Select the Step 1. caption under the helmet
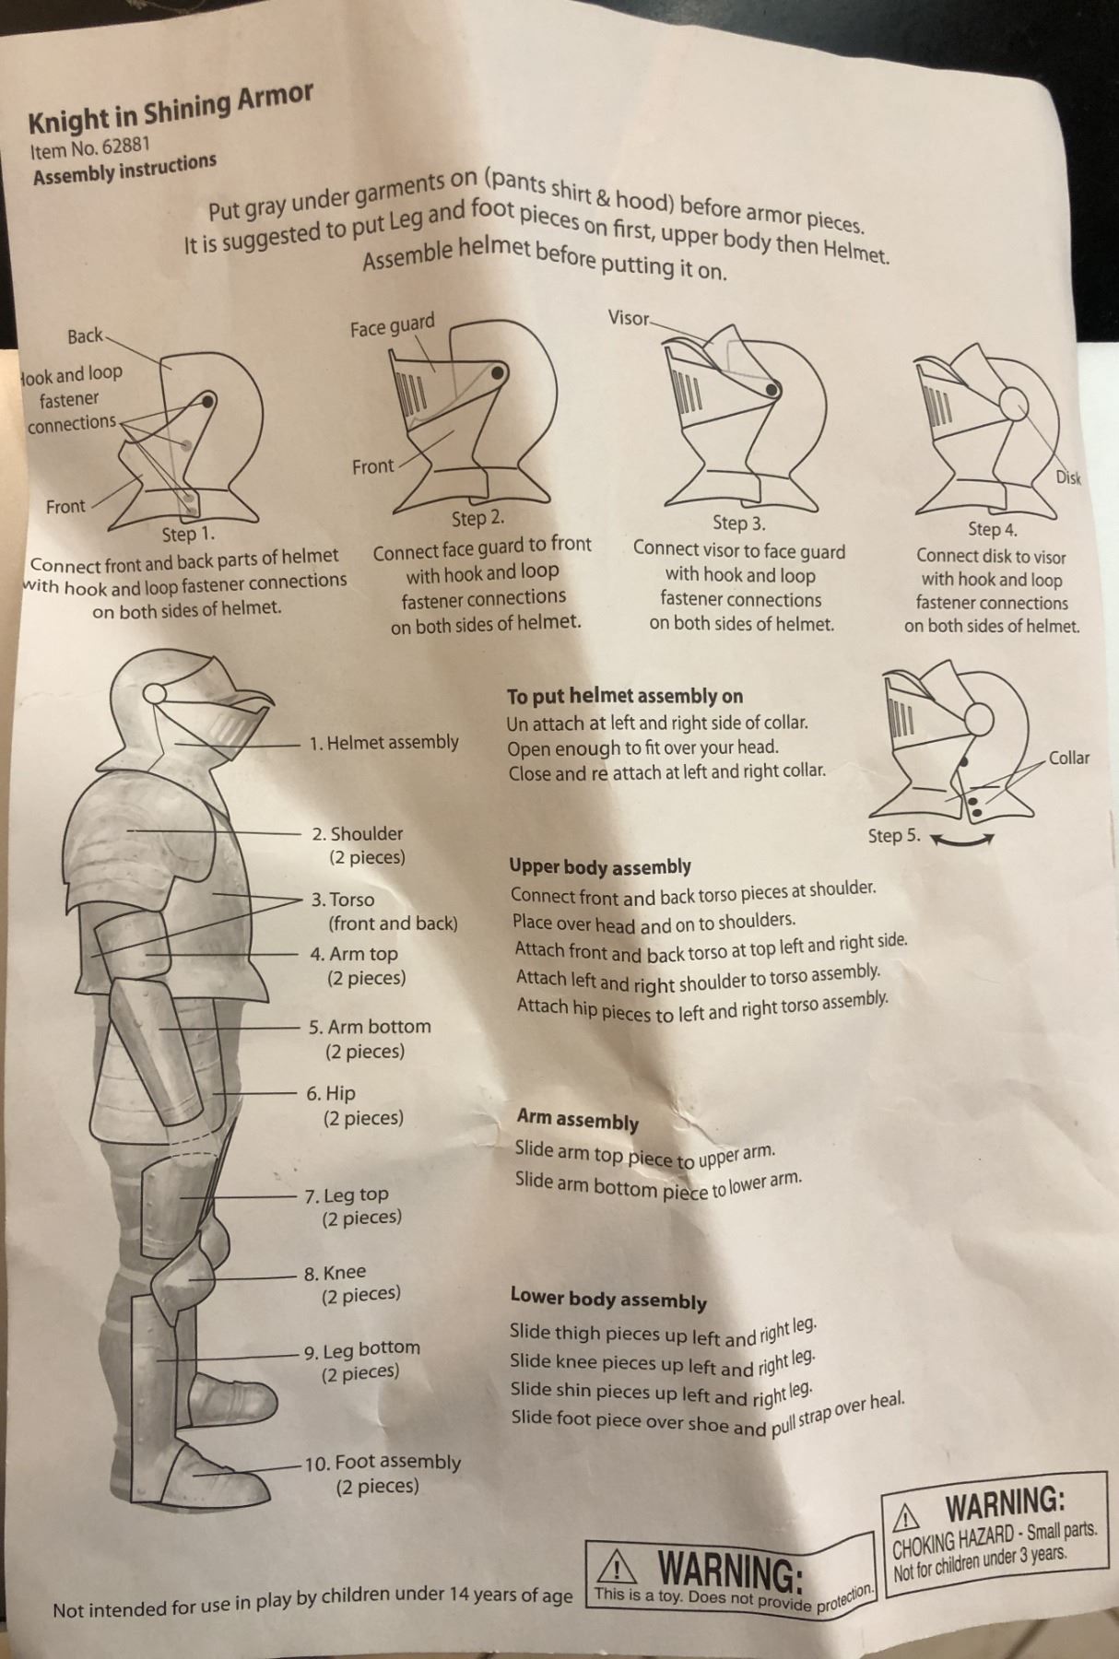(x=188, y=534)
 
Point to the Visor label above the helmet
(x=629, y=318)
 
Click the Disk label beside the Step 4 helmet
(x=1068, y=477)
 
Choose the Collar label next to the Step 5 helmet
(x=1068, y=759)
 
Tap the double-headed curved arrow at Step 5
(x=962, y=839)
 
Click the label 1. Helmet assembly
(x=383, y=743)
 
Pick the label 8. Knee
(x=335, y=1273)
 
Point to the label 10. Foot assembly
(x=382, y=1463)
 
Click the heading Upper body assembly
(x=600, y=866)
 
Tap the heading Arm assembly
(x=578, y=1120)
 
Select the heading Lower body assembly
(x=608, y=1299)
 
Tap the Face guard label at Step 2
(x=392, y=325)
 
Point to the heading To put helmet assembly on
(x=625, y=696)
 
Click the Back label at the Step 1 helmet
(x=85, y=335)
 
